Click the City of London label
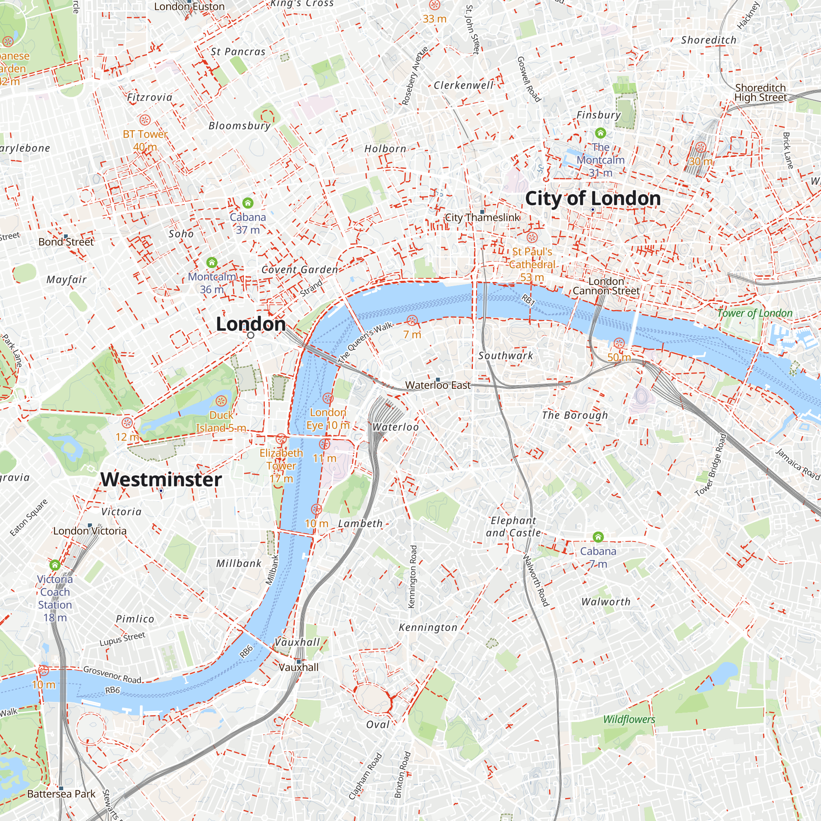[592, 198]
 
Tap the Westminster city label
[161, 479]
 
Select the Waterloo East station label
[438, 385]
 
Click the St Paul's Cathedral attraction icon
[532, 237]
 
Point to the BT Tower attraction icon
[145, 120]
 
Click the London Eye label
[328, 419]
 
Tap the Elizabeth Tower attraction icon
[281, 439]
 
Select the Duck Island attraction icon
[221, 401]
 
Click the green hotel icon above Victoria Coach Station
[55, 565]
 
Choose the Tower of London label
[755, 313]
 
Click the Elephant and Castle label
[514, 527]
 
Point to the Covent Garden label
[300, 269]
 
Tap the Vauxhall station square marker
[299, 662]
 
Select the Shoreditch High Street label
[760, 92]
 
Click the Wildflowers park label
[629, 720]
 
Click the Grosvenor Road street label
[112, 675]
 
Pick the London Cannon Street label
[606, 286]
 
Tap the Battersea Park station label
[61, 794]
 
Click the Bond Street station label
[66, 241]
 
